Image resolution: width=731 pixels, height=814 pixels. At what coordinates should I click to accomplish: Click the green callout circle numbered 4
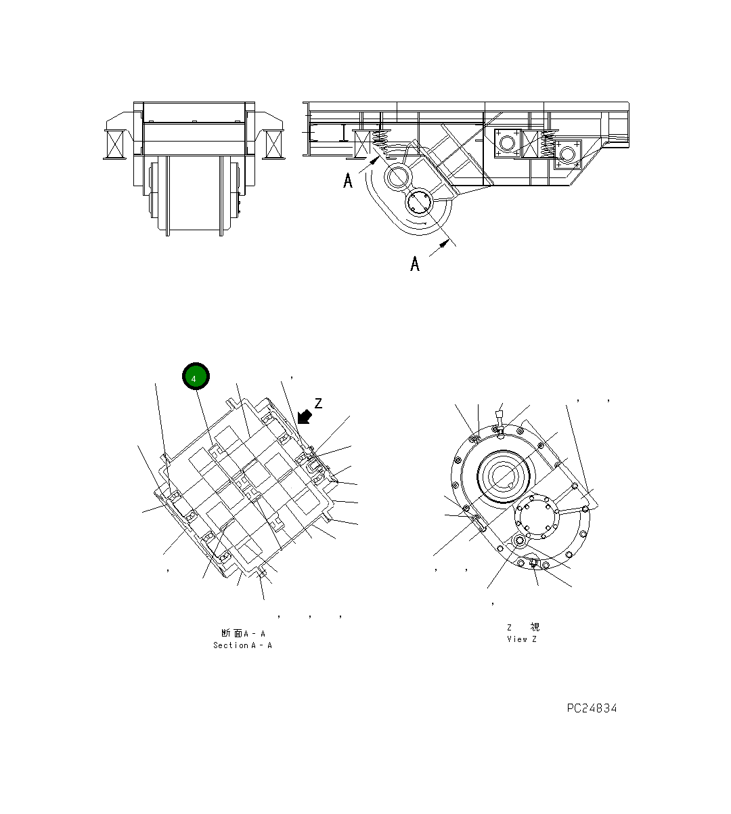coord(196,377)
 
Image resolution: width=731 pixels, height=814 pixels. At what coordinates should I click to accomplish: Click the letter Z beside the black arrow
coord(318,404)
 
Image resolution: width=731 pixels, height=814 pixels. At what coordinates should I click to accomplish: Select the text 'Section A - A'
coord(242,645)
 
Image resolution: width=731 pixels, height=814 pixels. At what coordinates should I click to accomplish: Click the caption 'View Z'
coord(521,639)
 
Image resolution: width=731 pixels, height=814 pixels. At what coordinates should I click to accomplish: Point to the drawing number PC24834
coord(592,708)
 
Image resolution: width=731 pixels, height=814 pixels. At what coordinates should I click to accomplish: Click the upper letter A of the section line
coord(348,181)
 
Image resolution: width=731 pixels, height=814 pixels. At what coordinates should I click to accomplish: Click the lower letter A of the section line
coord(415,263)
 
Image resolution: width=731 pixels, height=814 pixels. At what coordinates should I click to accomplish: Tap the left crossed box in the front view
coord(114,144)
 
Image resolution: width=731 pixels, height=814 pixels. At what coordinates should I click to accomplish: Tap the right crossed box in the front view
coord(275,144)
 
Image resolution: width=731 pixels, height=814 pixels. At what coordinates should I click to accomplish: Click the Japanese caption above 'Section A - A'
coord(242,633)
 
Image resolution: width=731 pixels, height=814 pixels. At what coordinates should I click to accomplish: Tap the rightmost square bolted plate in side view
coord(567,154)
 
